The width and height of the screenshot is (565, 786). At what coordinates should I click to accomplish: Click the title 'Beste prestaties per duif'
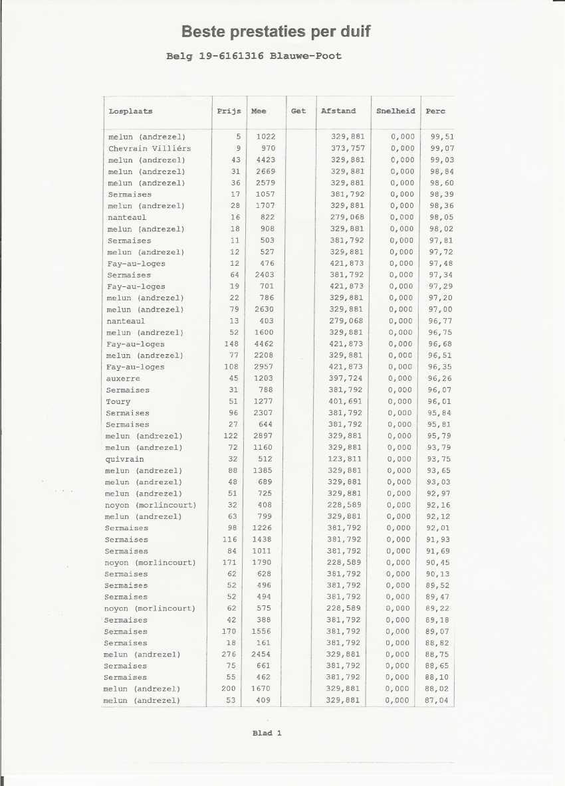(276, 31)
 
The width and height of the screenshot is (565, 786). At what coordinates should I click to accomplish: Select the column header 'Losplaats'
(131, 112)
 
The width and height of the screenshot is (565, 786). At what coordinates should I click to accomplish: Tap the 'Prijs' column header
(229, 112)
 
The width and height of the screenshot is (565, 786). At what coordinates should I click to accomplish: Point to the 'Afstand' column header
(338, 112)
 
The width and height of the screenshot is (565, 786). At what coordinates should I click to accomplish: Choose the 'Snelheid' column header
(395, 112)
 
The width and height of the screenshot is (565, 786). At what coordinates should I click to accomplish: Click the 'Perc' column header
(436, 112)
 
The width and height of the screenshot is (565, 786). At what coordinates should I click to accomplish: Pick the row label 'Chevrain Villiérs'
(150, 148)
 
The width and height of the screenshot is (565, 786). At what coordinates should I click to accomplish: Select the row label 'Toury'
(118, 401)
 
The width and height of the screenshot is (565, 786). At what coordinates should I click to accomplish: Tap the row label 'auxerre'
(122, 378)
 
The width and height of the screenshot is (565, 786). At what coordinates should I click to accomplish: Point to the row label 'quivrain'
(124, 459)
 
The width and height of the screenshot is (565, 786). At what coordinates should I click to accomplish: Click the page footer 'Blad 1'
(267, 733)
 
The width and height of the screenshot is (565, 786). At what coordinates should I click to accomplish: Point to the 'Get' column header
(298, 112)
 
